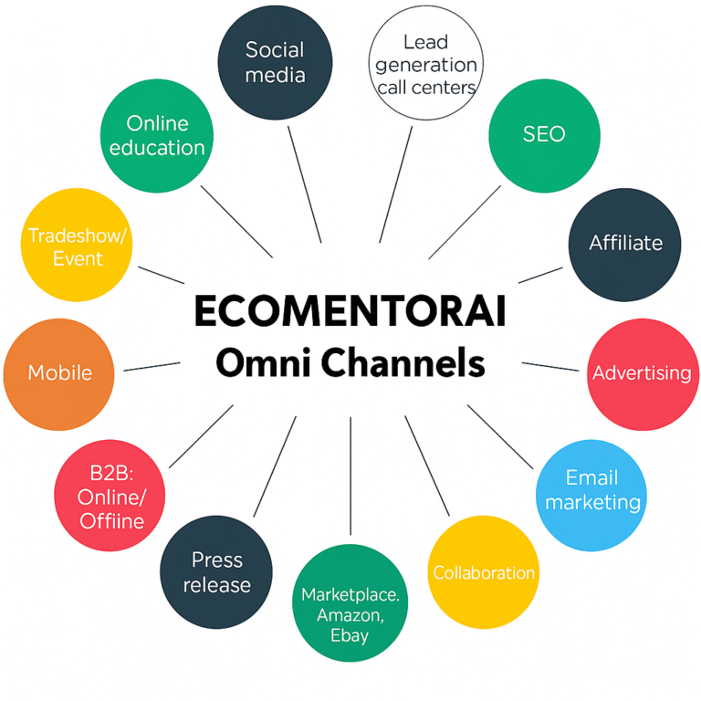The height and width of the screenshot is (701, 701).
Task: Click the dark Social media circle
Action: tap(274, 62)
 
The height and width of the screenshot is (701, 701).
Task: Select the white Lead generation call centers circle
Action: tap(425, 64)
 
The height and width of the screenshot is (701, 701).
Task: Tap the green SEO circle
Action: tap(544, 135)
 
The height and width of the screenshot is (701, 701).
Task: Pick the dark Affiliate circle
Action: tap(624, 245)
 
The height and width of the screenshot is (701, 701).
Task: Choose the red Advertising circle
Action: tap(642, 373)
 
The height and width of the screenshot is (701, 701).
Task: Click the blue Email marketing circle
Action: tap(591, 490)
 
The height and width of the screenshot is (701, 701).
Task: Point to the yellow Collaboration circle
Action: tap(484, 572)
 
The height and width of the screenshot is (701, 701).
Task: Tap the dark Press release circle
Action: tap(216, 572)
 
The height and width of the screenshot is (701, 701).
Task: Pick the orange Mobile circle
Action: tap(59, 373)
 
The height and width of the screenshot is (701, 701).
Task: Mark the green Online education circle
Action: tap(157, 135)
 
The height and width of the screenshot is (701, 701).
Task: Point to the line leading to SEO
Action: tap(464, 222)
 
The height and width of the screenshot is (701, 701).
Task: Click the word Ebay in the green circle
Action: tap(350, 635)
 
